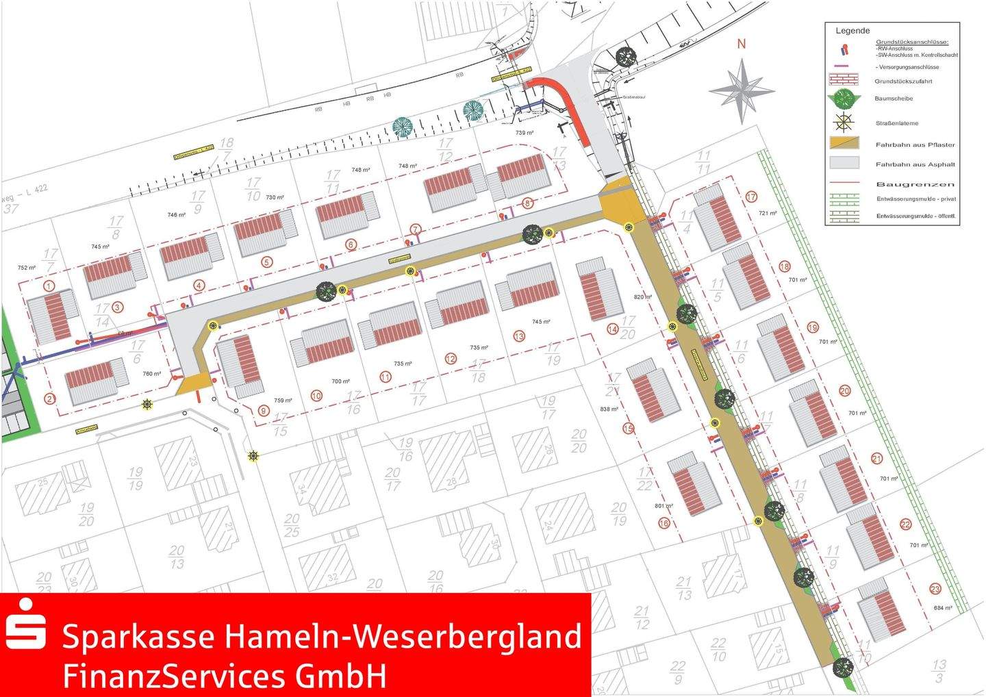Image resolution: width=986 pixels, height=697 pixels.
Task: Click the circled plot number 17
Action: point(752,197)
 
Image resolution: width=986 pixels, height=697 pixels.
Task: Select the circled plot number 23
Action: point(935,589)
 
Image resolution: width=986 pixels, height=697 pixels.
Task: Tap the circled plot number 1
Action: point(48,285)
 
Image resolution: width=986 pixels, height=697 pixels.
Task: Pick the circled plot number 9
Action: point(264,411)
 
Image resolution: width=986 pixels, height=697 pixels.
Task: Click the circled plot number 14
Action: point(611,329)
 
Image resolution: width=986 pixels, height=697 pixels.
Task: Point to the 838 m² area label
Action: point(609,409)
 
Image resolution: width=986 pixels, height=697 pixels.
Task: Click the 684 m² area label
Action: point(943,608)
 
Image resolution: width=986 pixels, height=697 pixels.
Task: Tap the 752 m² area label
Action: point(26,268)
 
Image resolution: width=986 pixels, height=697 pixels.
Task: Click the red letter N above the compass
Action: point(741,44)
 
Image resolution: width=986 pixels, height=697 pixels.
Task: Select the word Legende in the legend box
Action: point(852,31)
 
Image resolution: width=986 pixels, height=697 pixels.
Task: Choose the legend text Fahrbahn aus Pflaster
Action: point(915,145)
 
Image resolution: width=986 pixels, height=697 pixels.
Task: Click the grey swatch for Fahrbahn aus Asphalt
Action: point(844,163)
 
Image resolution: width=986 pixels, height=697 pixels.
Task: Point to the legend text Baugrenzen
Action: point(915,184)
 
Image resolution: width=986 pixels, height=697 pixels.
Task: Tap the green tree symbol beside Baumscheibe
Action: point(844,98)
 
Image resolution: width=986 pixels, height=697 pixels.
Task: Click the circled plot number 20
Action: point(844,391)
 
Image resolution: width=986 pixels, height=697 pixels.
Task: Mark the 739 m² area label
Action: point(524,133)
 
